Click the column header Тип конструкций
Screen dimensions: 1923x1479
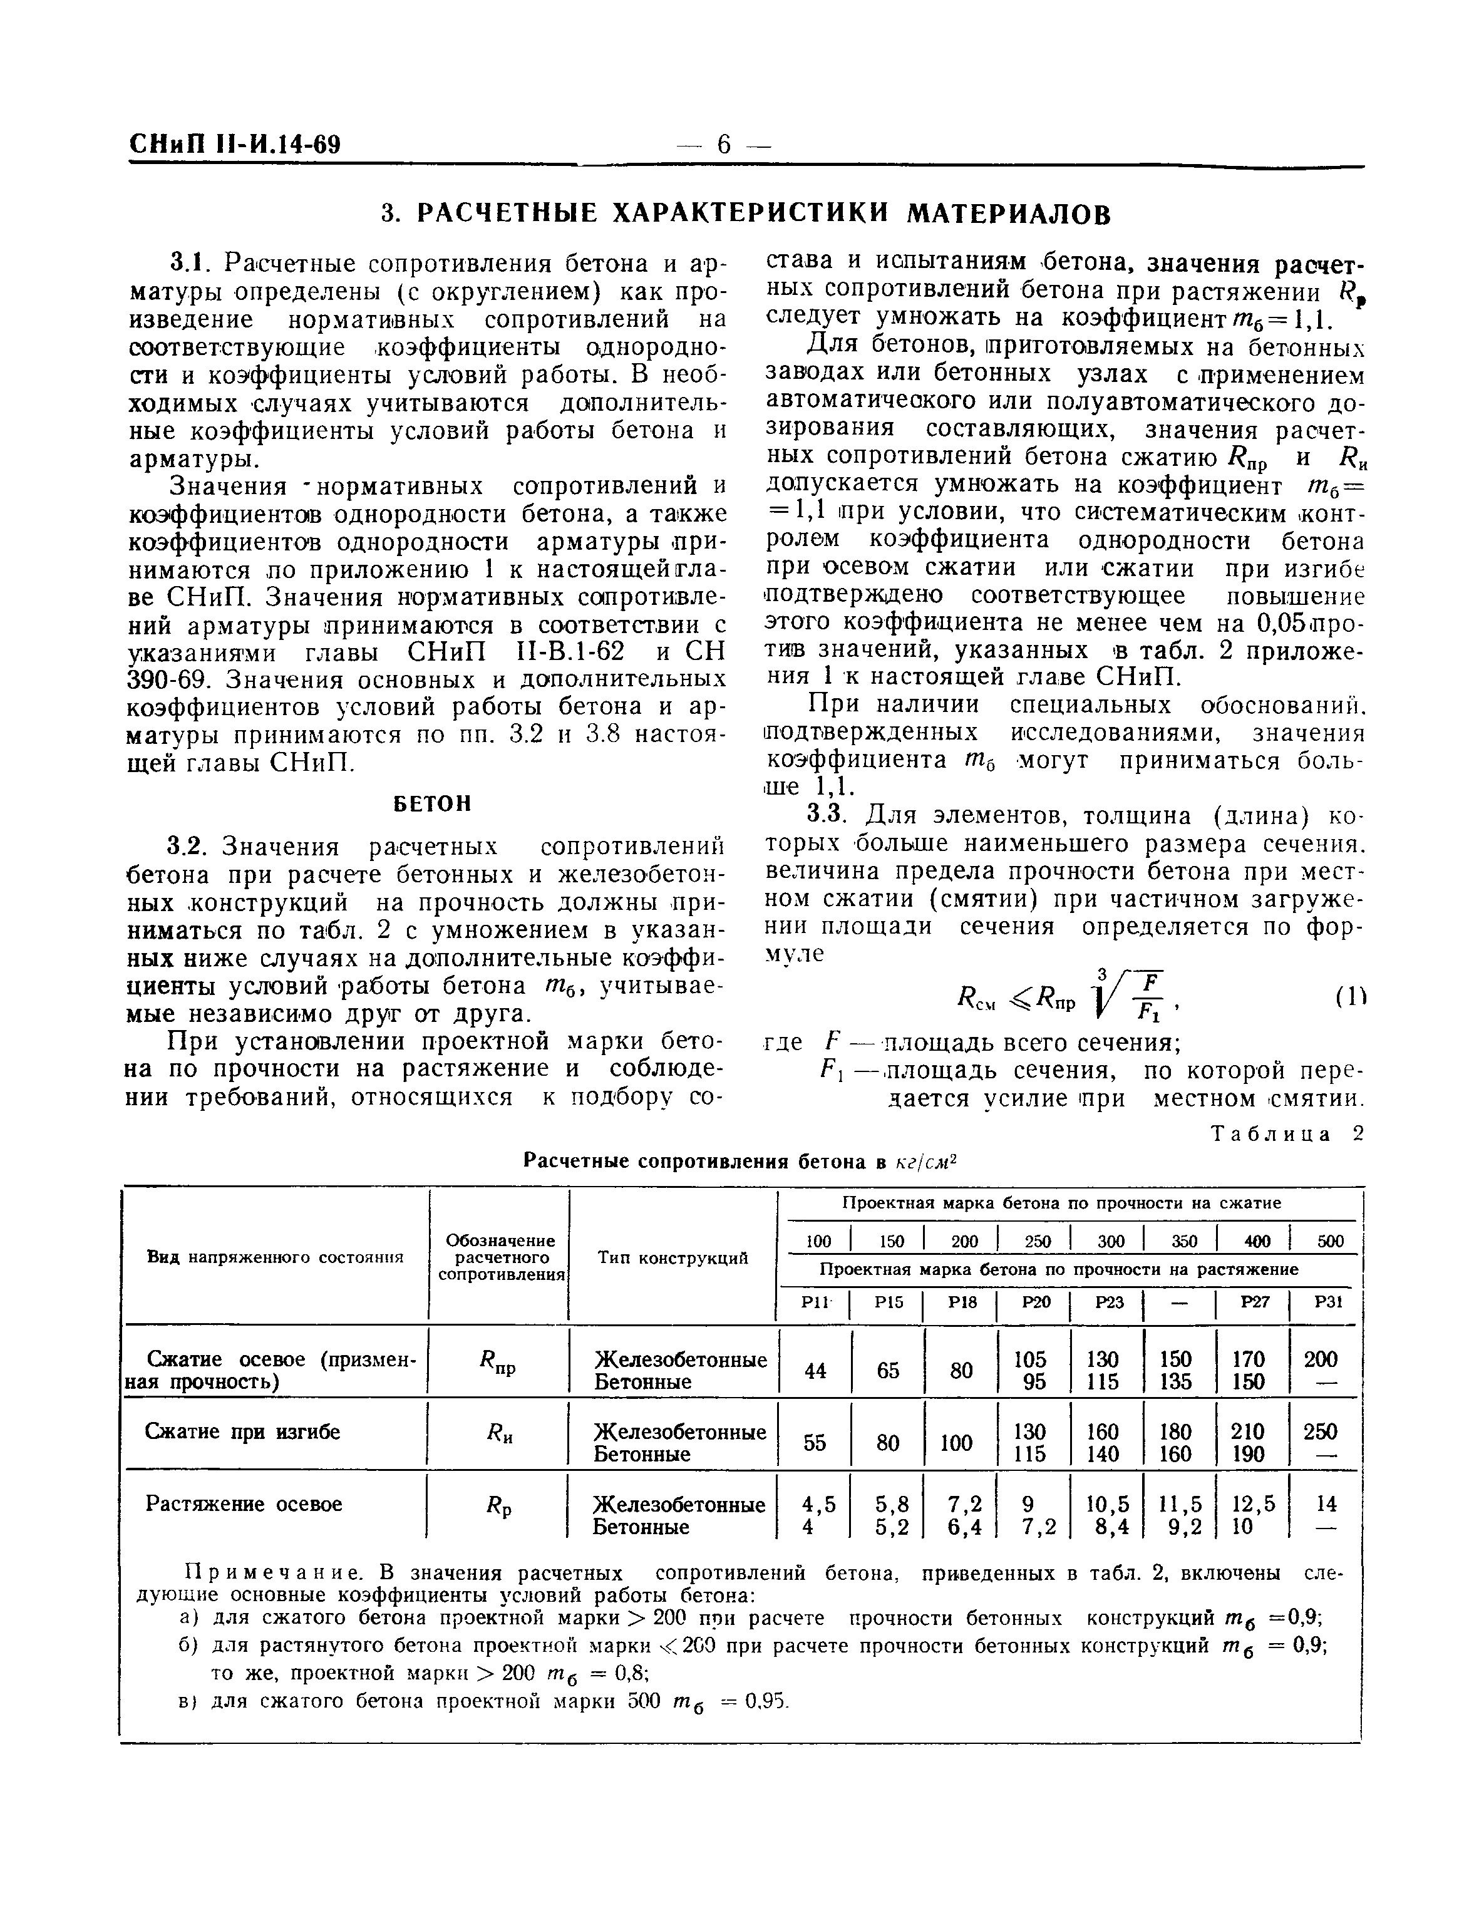[673, 1257]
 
